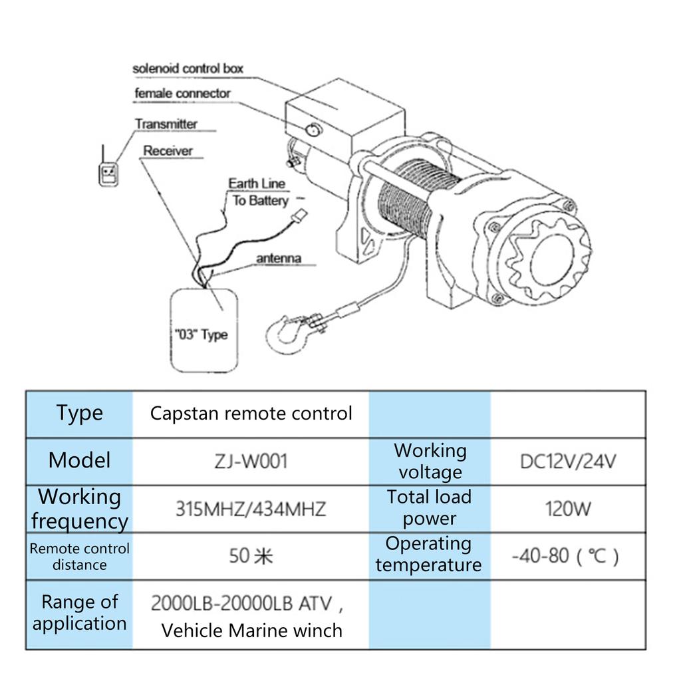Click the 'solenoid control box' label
pyautogui.click(x=188, y=68)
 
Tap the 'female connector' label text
pyautogui.click(x=182, y=94)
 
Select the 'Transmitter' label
pyautogui.click(x=166, y=124)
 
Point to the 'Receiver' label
pyautogui.click(x=168, y=151)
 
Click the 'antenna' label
pyautogui.click(x=279, y=258)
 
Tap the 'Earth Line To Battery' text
pyautogui.click(x=258, y=192)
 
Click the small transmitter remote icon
pyautogui.click(x=108, y=172)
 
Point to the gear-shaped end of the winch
pyautogui.click(x=547, y=257)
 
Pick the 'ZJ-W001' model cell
pyautogui.click(x=251, y=461)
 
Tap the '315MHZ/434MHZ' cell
pyautogui.click(x=251, y=509)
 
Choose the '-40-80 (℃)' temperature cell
pyautogui.click(x=566, y=555)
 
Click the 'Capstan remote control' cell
pyautogui.click(x=251, y=414)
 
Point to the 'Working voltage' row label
pyautogui.click(x=430, y=461)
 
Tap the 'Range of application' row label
pyautogui.click(x=80, y=613)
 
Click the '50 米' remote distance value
pyautogui.click(x=251, y=555)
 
